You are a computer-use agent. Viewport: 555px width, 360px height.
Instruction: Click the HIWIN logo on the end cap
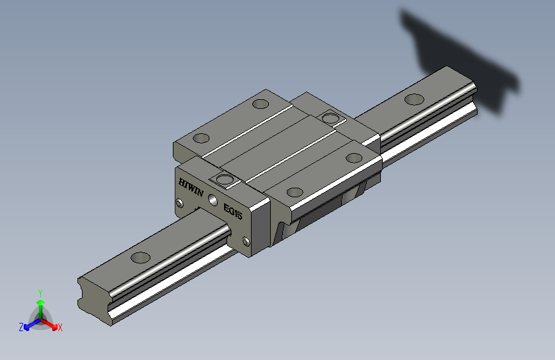[191, 188]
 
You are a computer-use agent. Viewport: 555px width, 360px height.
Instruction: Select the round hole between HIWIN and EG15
[213, 200]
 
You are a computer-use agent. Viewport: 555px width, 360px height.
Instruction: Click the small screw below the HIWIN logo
[179, 203]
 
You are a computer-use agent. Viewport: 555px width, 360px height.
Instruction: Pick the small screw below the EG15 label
[246, 241]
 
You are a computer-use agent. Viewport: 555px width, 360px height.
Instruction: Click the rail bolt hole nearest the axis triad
[141, 258]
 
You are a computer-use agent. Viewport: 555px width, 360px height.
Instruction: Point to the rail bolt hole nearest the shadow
[414, 99]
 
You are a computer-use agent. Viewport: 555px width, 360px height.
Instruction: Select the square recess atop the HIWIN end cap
[225, 179]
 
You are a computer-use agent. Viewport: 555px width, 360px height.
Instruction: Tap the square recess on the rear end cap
[330, 118]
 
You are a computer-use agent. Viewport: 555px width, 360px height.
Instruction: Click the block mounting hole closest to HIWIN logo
[201, 138]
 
